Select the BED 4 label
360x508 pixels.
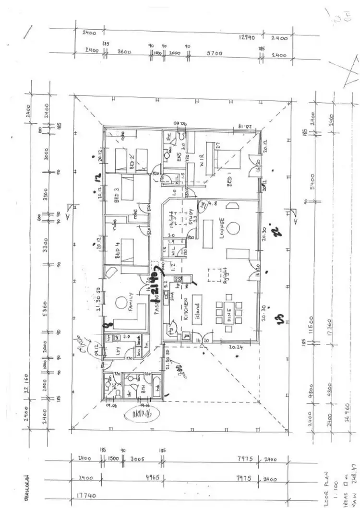(117, 252)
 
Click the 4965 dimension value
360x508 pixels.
(144, 478)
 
